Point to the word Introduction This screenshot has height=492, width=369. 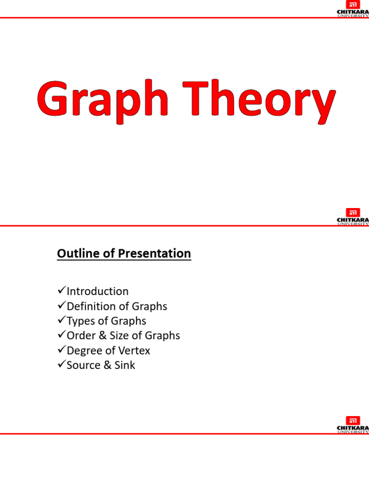tap(98, 291)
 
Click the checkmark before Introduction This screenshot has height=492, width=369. tap(61, 291)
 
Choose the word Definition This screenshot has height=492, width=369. tap(89, 306)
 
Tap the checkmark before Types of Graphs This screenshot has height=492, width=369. tap(61, 320)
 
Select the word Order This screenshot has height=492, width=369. tap(81, 335)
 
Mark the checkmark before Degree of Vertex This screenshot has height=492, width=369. tap(61, 350)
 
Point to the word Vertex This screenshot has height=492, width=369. tap(134, 350)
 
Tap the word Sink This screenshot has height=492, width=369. tap(125, 365)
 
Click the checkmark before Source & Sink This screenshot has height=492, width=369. tap(61, 365)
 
